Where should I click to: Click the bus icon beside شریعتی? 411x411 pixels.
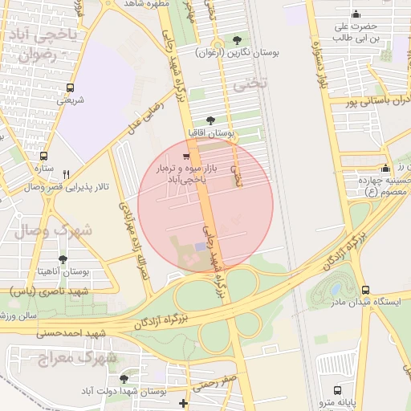pos(71,88)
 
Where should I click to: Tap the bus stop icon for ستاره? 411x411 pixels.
pos(43,157)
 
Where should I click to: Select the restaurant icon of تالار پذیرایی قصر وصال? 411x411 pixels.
pos(67,174)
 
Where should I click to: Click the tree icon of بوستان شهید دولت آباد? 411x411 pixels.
pos(123,378)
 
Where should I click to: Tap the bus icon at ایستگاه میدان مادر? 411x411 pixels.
pos(365,290)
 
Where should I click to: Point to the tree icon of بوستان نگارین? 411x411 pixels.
pos(236,39)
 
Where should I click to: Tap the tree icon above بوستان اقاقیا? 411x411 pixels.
pos(210,120)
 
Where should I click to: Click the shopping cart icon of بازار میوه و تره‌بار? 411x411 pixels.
pos(186,156)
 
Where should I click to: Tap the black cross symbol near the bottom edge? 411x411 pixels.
pos(184,402)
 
